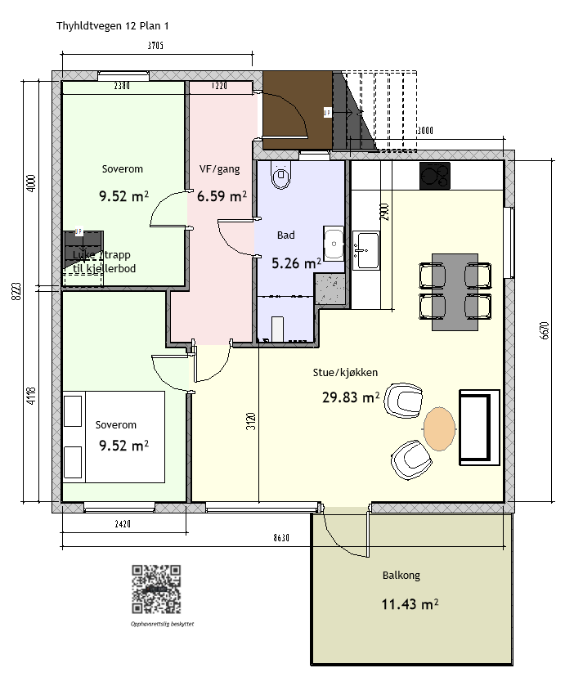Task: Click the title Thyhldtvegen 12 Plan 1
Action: click(x=112, y=26)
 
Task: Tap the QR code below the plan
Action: click(x=156, y=589)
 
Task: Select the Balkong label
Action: click(x=401, y=576)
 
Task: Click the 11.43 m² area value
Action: click(x=410, y=604)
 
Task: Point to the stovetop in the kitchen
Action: click(x=434, y=176)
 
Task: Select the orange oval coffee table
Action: click(x=439, y=429)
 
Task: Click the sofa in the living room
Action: click(x=479, y=428)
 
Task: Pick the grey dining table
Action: click(x=455, y=291)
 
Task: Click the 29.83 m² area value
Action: click(x=352, y=397)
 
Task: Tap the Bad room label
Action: click(x=285, y=235)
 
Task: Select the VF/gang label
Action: click(x=219, y=170)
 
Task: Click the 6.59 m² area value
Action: click(x=222, y=196)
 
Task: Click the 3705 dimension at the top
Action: click(x=155, y=46)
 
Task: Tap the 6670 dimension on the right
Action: click(x=545, y=332)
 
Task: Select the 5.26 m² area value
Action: click(x=296, y=263)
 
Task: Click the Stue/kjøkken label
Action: click(x=345, y=373)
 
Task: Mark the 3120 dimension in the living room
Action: click(x=252, y=421)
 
